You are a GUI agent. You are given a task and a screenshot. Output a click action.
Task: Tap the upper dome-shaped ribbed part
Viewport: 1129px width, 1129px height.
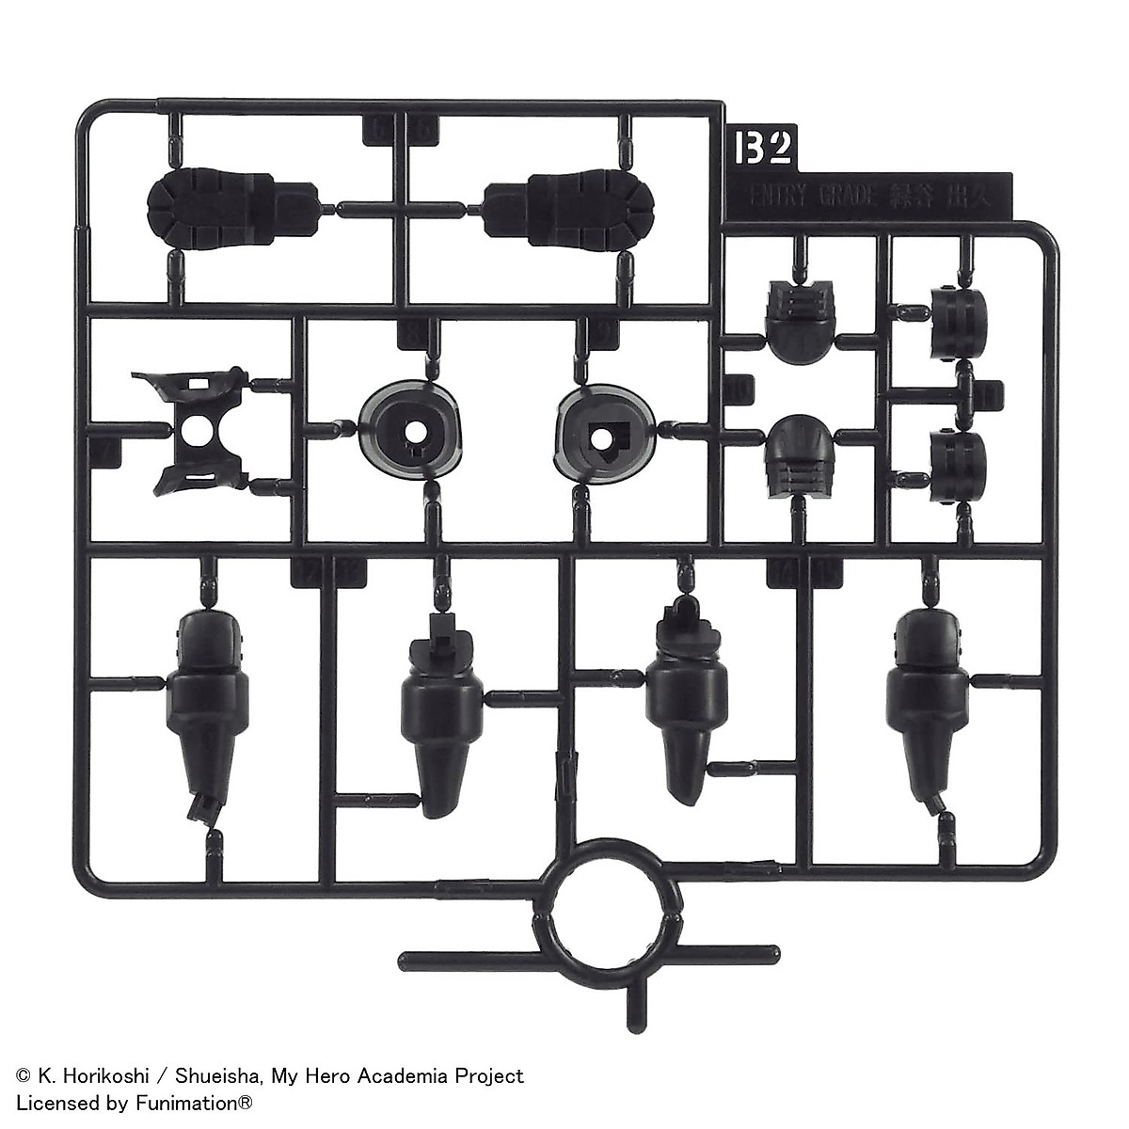click(x=802, y=312)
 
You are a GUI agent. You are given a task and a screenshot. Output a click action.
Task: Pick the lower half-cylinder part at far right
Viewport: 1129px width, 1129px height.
click(x=958, y=458)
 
